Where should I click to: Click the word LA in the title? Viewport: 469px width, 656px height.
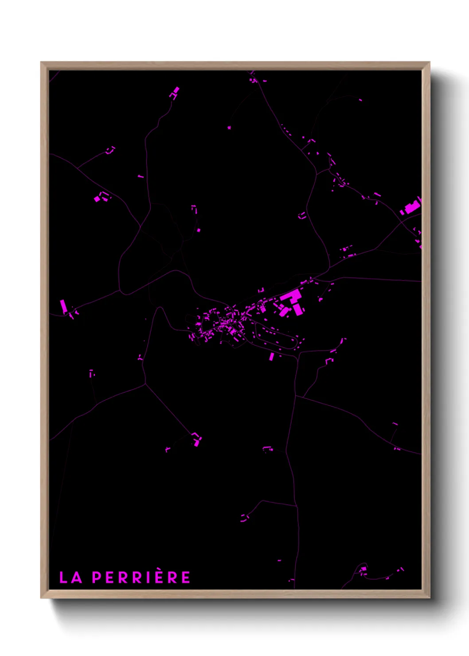71,578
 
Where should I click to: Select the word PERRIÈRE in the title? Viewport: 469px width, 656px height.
141,578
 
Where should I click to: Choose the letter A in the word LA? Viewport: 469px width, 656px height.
77,578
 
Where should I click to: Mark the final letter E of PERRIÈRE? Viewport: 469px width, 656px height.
186,578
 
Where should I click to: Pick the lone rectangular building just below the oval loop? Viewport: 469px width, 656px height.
272,357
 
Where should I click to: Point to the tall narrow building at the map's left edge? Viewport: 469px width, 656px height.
63,306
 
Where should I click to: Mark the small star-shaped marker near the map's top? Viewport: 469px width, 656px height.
229,128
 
